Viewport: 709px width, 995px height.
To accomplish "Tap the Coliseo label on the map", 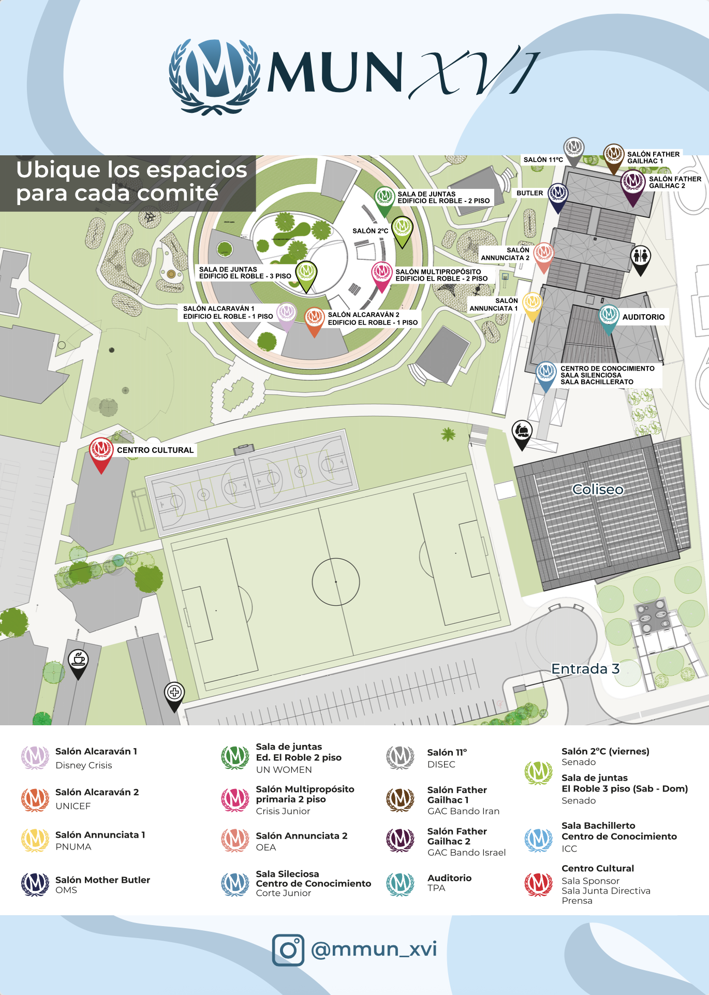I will (x=598, y=489).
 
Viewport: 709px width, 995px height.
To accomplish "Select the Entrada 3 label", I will (x=585, y=669).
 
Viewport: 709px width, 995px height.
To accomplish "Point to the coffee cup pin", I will (x=78, y=661).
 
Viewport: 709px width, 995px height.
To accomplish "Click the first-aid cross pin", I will (x=174, y=693).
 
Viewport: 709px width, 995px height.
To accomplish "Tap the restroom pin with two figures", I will (x=641, y=257).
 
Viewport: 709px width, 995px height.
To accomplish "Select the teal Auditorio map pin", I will (x=609, y=315).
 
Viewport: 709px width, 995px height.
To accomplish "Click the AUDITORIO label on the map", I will (x=643, y=317).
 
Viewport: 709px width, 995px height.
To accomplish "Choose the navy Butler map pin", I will (x=558, y=194).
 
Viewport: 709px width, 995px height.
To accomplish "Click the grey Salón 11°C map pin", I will (x=573, y=149).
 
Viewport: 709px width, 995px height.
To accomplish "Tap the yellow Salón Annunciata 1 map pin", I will (x=532, y=303).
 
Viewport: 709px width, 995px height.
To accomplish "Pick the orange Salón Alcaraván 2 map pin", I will (x=314, y=318).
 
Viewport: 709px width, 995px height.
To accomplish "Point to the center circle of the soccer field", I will (x=336, y=581).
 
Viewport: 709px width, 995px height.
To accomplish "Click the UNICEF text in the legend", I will (x=73, y=806).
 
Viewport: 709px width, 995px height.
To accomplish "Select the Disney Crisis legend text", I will (x=84, y=765).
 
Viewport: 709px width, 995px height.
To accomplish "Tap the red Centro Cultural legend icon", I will (x=538, y=884).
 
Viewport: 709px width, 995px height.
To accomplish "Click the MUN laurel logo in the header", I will (x=214, y=76).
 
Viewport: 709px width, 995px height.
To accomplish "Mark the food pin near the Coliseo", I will (x=522, y=432).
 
